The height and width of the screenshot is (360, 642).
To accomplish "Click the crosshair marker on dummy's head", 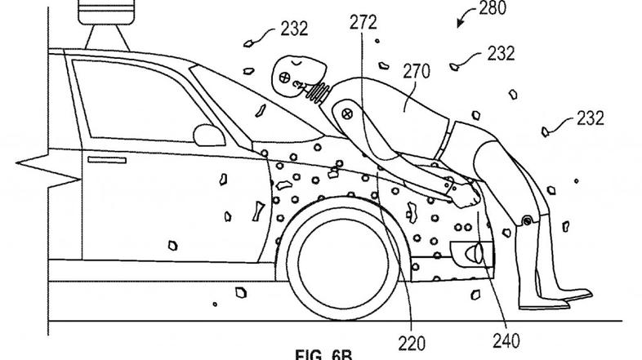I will click(x=283, y=79).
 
